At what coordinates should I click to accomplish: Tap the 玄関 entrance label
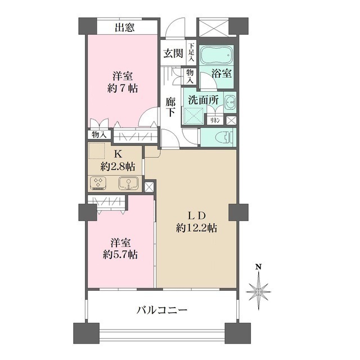tap(173, 54)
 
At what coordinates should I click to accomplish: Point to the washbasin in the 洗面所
tap(230, 103)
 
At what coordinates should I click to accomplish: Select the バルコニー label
tap(162, 310)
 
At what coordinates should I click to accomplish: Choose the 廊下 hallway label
tap(171, 107)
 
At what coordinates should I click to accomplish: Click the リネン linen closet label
tap(215, 120)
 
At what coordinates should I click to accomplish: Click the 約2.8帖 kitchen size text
tap(118, 166)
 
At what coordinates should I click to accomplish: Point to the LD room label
tap(196, 215)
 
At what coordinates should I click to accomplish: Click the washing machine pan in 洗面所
tap(195, 114)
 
